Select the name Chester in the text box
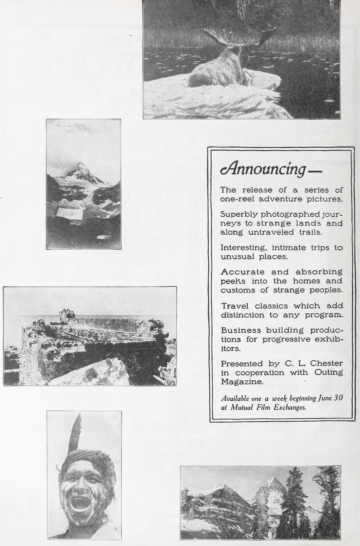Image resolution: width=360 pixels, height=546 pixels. (326, 363)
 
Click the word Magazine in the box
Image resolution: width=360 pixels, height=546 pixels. (242, 382)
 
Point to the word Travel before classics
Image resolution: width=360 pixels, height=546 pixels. (235, 306)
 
